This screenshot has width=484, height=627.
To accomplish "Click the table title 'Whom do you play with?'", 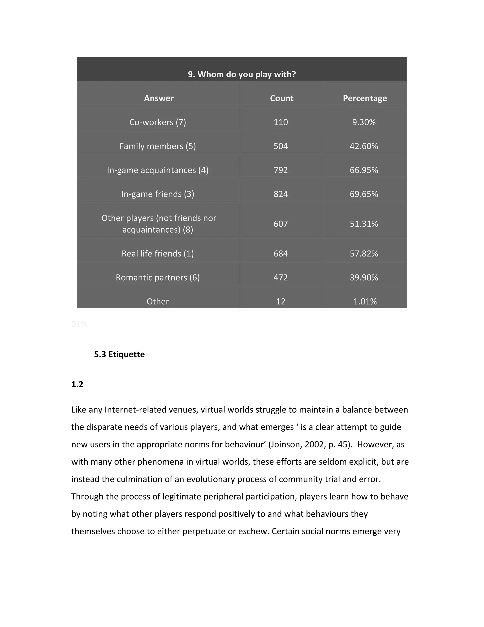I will pos(242,74).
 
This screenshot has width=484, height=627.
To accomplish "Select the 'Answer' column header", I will pos(159,98).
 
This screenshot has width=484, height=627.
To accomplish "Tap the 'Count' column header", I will pos(281,98).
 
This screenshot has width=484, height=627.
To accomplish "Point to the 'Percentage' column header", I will pos(365,98).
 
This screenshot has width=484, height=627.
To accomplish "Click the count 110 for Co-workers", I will pos(281,122).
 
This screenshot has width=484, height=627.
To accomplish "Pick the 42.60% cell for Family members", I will pos(364,146).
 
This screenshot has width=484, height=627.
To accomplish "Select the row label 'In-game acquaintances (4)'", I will pos(158,170).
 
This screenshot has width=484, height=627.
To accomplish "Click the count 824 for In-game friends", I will pos(281,194).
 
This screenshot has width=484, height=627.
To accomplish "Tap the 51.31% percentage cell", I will pos(364,224).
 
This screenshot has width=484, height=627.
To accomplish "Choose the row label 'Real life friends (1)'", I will pos(158,253).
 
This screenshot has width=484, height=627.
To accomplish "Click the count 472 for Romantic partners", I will pos(281,277).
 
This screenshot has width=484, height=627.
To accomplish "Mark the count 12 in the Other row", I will pos(281,301).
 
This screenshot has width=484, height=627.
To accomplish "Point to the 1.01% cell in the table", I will pos(365,301).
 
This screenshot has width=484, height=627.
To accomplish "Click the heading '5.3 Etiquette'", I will pos(119,354).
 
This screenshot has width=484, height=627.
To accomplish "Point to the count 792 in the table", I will pos(281,170).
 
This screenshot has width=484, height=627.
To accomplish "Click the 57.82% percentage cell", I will pos(364,253).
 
